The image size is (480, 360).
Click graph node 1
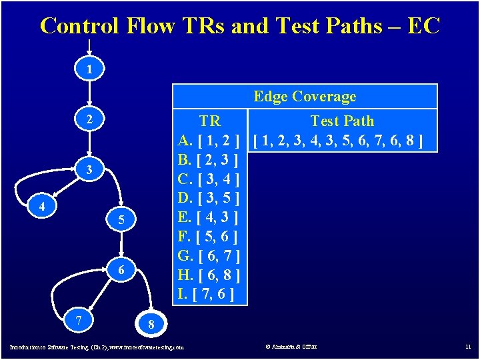[x=89, y=69]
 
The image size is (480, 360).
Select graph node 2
[x=89, y=120]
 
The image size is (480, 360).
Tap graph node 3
[x=89, y=171]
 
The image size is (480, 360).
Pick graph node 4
[x=41, y=207]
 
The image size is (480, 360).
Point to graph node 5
[x=121, y=219]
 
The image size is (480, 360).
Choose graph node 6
[x=121, y=270]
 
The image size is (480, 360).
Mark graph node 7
[x=79, y=321]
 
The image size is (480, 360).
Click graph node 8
[x=151, y=325]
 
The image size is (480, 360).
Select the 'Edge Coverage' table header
[x=305, y=97]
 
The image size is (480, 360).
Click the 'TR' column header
[x=210, y=121]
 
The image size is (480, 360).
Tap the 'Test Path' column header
[x=342, y=121]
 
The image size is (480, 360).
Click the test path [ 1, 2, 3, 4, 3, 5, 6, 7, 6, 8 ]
[x=343, y=141]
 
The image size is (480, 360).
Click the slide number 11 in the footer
[x=467, y=347]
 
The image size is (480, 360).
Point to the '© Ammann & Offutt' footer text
[x=291, y=347]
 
